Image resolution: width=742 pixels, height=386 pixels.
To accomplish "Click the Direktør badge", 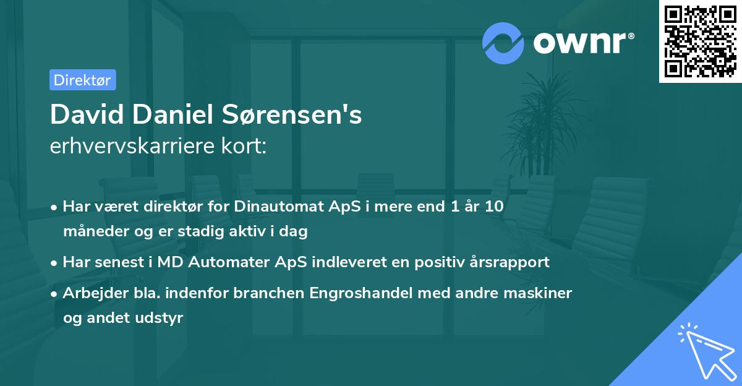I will click(x=82, y=80).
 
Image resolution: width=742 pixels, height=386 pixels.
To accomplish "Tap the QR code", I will click(x=700, y=41).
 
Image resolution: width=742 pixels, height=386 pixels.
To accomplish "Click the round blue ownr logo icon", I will click(x=503, y=43).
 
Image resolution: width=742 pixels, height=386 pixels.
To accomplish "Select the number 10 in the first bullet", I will click(x=493, y=207).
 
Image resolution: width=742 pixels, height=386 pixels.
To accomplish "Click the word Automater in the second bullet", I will click(x=233, y=262).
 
